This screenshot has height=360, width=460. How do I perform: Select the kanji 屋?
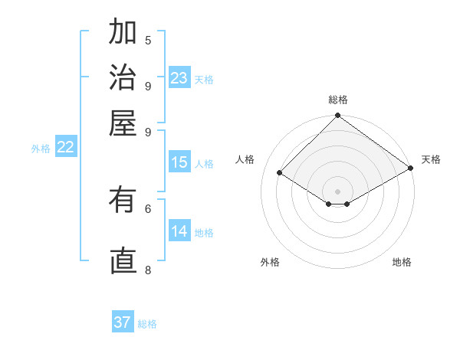point(123,122)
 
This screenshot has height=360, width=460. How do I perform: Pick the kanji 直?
point(123,261)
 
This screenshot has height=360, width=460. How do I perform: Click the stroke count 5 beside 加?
point(148,41)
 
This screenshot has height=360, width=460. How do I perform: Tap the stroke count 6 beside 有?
point(148,208)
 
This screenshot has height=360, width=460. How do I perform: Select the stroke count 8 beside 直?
point(148,270)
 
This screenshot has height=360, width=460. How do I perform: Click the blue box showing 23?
point(179,78)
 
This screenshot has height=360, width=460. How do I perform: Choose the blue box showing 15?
point(179,162)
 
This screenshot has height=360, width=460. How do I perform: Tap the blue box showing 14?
point(179,231)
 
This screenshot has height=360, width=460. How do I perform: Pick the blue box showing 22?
point(66,148)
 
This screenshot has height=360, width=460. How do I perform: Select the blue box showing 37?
point(123,322)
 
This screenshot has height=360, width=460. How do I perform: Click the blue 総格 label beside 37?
point(147,324)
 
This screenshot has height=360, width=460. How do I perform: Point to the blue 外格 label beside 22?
point(41,149)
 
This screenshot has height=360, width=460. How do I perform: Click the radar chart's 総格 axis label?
point(338,100)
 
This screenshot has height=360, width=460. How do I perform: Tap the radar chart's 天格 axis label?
point(431,159)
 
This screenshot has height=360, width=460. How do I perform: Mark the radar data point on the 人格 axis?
point(280,173)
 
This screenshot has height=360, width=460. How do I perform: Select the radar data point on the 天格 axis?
point(411,169)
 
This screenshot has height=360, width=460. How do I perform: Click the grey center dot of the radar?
point(338,191)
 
